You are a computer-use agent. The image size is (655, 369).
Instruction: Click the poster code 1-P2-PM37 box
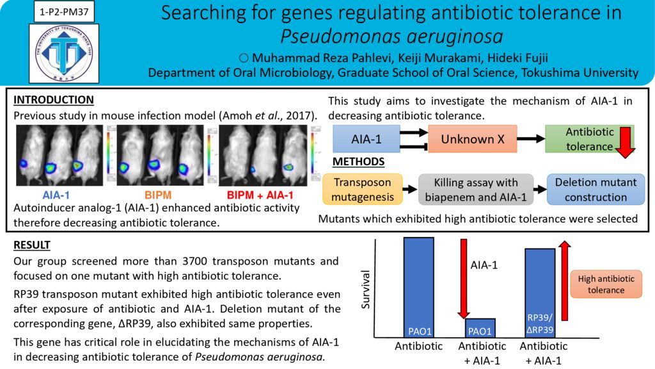pyautogui.click(x=64, y=12)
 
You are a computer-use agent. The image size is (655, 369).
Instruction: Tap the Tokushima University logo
pyautogui.click(x=64, y=53)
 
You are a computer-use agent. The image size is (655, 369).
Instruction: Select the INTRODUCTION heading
pyautogui.click(x=54, y=100)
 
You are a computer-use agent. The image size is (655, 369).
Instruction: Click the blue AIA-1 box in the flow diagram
pyautogui.click(x=367, y=139)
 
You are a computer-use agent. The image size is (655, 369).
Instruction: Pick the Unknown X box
pyautogui.click(x=473, y=139)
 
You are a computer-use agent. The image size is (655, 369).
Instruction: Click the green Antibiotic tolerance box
pyautogui.click(x=589, y=139)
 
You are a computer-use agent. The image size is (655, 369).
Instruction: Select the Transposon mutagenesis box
pyautogui.click(x=363, y=190)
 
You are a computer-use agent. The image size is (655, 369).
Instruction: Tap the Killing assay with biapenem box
pyautogui.click(x=476, y=190)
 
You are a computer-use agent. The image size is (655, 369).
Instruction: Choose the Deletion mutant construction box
pyautogui.click(x=596, y=190)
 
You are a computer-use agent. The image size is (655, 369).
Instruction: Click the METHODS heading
pyautogui.click(x=358, y=161)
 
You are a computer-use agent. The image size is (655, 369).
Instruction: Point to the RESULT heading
pyautogui.click(x=32, y=245)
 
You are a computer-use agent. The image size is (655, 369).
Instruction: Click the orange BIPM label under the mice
pyautogui.click(x=158, y=195)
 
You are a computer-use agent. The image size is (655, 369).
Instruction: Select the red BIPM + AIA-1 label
pyautogui.click(x=260, y=195)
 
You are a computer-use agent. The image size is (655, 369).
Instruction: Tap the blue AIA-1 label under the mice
pyautogui.click(x=56, y=195)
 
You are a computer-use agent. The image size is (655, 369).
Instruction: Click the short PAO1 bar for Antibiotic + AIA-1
pyautogui.click(x=480, y=328)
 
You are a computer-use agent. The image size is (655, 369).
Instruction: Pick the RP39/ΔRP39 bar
pyautogui.click(x=540, y=293)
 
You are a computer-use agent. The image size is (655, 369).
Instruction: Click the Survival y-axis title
pyautogui.click(x=365, y=290)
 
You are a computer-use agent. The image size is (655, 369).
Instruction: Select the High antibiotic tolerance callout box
pyautogui.click(x=606, y=284)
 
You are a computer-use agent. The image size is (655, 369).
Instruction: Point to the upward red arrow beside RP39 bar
pyautogui.click(x=565, y=281)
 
